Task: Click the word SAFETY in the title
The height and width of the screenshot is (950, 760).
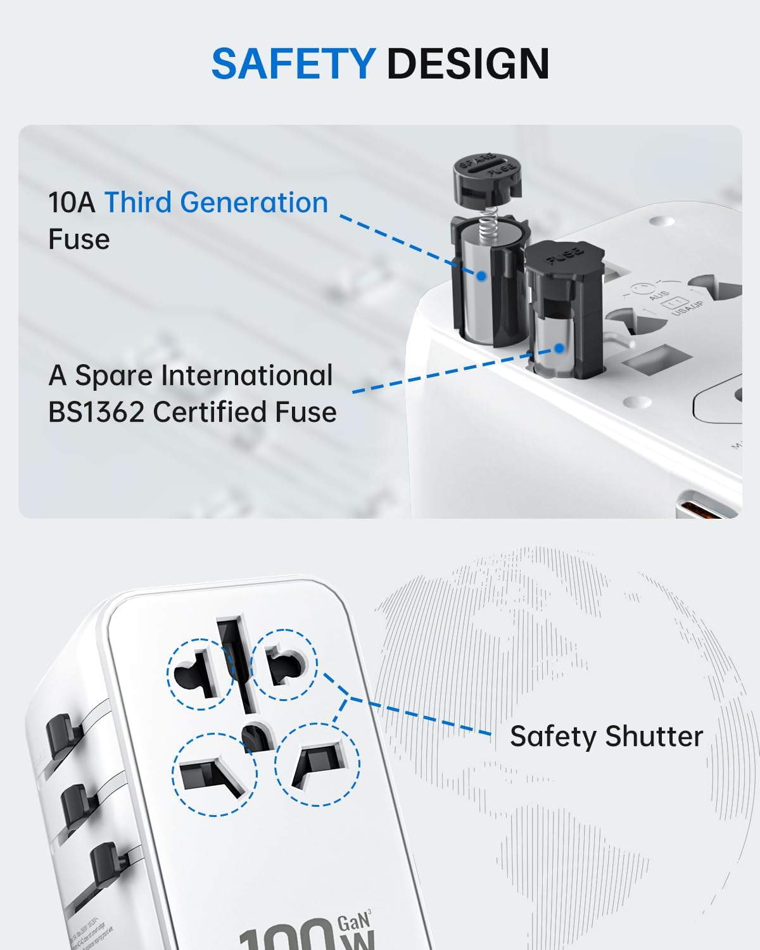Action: (293, 64)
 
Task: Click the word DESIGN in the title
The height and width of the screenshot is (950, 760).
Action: (468, 64)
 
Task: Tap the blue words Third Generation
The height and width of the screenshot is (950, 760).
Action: (216, 203)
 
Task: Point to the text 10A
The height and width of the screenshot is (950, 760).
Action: (72, 203)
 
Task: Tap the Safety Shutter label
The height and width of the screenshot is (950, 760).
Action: (606, 737)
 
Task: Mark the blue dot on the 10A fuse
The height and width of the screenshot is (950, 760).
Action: (481, 276)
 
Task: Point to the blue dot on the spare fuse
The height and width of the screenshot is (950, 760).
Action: (559, 348)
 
